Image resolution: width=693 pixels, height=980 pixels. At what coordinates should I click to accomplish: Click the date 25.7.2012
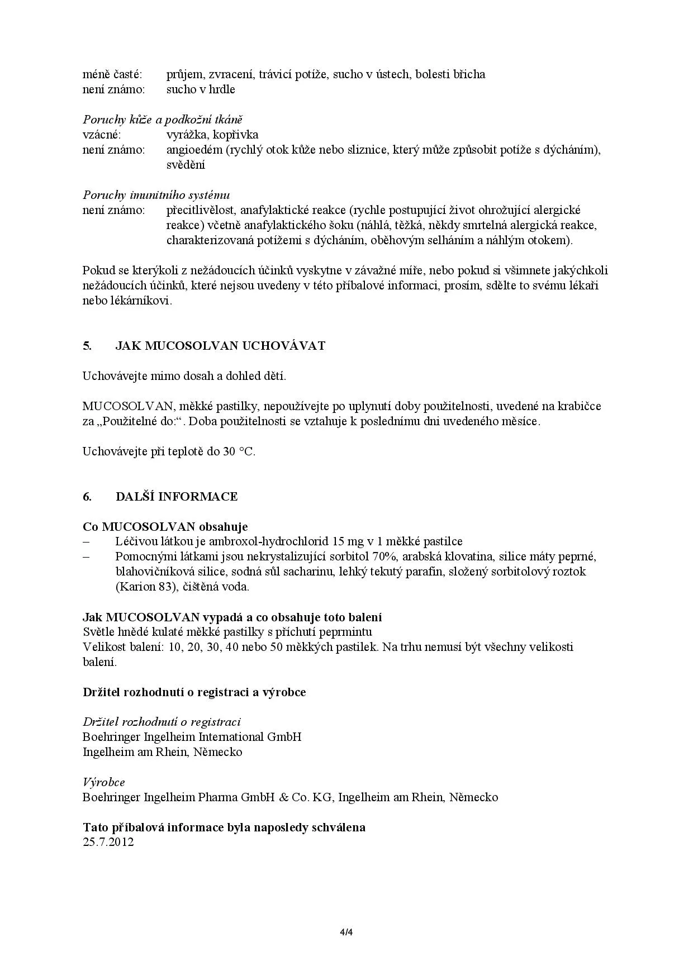pos(108,842)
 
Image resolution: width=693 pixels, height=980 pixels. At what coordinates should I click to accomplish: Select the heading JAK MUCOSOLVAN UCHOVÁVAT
pos(220,346)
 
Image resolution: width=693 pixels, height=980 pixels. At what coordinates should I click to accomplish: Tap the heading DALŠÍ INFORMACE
pos(177,497)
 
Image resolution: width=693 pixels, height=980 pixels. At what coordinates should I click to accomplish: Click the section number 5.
pos(87,346)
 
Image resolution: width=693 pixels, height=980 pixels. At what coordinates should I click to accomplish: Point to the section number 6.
pos(87,497)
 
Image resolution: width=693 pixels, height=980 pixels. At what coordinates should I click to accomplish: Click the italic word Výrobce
pos(104,782)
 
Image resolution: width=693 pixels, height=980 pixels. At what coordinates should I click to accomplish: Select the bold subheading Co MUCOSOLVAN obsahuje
pos(165,527)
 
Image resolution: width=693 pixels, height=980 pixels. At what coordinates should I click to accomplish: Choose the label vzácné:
pos(102,135)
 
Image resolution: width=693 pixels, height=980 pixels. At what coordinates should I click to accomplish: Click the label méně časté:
pos(112,74)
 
